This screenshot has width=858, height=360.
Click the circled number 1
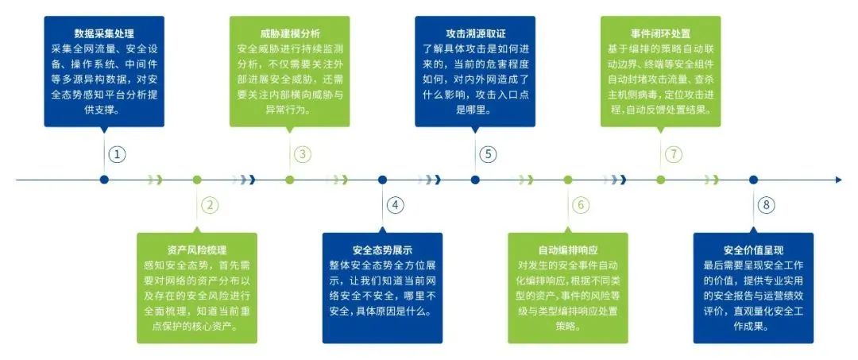tap(117, 154)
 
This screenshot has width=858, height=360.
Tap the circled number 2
tap(210, 205)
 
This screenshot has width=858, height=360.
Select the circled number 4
tap(395, 205)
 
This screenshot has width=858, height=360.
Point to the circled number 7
tap(674, 154)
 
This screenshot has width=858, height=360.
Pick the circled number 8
tap(766, 205)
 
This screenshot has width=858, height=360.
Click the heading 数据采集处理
tap(104, 33)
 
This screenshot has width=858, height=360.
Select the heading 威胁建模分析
tap(289, 33)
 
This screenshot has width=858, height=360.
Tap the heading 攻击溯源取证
tap(475, 33)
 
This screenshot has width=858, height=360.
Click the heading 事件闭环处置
tap(660, 33)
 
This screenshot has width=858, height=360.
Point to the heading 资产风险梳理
tap(196, 250)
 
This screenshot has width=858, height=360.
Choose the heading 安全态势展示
tap(382, 250)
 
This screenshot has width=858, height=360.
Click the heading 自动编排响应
tap(568, 250)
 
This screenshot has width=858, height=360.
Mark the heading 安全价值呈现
tap(753, 250)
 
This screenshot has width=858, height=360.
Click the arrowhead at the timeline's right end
tap(840, 180)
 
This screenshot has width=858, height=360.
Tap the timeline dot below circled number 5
tap(475, 180)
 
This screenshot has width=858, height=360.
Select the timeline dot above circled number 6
tap(568, 180)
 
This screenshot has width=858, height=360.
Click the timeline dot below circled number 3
tap(289, 180)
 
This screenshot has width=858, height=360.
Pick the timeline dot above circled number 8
tap(753, 180)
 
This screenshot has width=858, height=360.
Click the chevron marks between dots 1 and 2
tap(156, 180)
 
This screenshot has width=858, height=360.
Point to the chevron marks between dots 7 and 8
tap(711, 180)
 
